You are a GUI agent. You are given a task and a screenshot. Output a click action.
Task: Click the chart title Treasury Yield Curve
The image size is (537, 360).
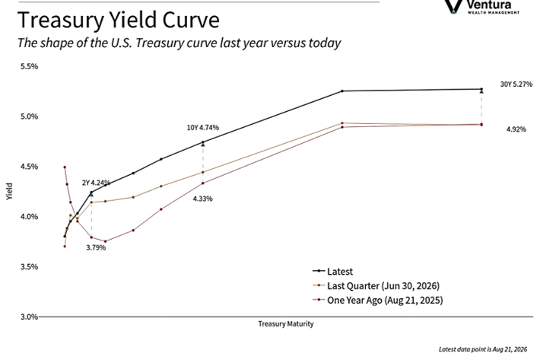pos(118,20)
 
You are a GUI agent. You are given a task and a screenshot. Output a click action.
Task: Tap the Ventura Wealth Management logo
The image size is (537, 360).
pos(481,7)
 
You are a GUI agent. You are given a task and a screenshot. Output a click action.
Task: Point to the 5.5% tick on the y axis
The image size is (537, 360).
pos(29,66)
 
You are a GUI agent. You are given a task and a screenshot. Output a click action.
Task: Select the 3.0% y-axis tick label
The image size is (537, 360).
pos(29,317)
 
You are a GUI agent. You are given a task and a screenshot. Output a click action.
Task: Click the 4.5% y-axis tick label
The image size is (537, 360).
pos(29,167)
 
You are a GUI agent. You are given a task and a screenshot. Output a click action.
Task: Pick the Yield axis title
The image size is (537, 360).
pos(9,192)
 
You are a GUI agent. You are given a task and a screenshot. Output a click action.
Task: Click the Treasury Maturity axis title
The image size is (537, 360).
pos(286,324)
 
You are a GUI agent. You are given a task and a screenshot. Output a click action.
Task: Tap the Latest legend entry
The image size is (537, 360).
pos(332,271)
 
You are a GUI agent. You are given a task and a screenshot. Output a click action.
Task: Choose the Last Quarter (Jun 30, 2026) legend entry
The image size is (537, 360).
pos(376,285)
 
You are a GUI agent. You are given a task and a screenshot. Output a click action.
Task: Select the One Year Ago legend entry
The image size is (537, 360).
pos(378,300)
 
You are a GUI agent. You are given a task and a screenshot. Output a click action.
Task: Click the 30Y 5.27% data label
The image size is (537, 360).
pos(516,84)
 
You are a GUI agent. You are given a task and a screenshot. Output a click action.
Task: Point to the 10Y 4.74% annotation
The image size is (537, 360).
pos(203,128)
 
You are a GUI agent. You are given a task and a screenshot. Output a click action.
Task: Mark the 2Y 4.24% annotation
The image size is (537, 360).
pos(96,183)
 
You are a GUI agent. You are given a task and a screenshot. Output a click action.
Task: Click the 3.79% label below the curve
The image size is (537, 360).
pos(96,247)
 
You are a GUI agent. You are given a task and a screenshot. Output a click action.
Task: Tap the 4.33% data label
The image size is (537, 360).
pos(203,199)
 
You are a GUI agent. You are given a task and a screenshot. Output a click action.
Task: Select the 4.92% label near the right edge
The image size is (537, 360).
pos(516,129)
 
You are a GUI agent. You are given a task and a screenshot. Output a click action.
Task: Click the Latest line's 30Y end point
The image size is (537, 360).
pos(481,89)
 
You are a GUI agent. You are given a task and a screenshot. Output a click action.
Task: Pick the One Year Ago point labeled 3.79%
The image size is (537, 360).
pos(91,237)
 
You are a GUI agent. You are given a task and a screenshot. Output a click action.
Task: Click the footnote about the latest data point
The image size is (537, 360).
pos(483,349)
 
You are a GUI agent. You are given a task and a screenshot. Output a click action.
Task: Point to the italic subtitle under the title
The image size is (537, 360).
pos(179,43)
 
